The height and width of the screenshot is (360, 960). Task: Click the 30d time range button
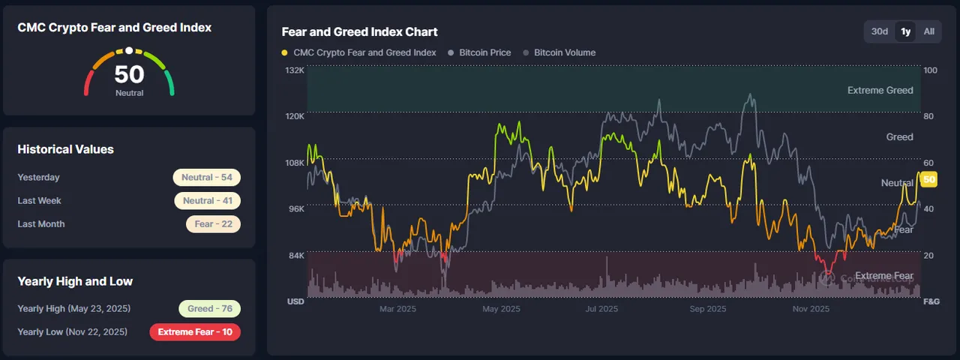(x=880, y=31)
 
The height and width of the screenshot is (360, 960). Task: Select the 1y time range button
(x=905, y=31)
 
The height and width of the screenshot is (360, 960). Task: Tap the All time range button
(x=928, y=31)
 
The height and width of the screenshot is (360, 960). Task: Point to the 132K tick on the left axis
(x=295, y=70)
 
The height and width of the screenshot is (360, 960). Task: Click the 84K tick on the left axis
(x=296, y=256)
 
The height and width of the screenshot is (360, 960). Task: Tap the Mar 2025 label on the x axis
(x=397, y=308)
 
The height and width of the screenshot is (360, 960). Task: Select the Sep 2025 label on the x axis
(x=708, y=308)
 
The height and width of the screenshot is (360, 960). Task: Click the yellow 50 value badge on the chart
(x=929, y=179)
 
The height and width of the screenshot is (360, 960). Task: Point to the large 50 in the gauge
(x=129, y=74)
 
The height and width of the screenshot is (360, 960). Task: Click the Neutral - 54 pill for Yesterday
(x=206, y=178)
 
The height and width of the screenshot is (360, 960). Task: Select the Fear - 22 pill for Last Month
(x=213, y=224)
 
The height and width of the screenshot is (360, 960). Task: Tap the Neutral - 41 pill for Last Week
(x=208, y=200)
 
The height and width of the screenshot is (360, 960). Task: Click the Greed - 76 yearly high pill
(x=209, y=308)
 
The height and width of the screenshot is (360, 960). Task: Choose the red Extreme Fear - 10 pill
(x=195, y=332)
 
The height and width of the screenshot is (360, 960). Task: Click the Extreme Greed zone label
(x=880, y=91)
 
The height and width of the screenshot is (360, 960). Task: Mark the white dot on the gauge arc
(x=129, y=50)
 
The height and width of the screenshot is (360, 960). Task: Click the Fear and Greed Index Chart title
(x=359, y=31)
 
